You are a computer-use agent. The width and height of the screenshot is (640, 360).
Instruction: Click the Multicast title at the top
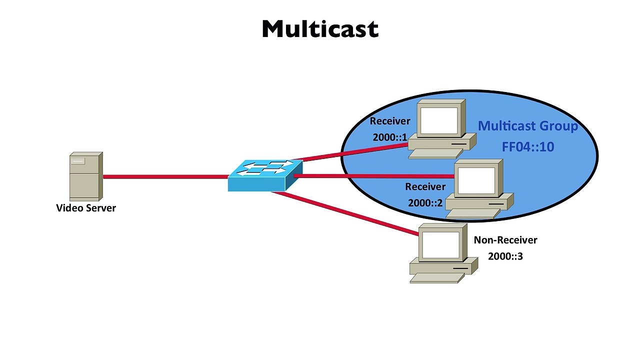pyautogui.click(x=320, y=29)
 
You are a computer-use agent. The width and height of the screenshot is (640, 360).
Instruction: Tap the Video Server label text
pyautogui.click(x=86, y=208)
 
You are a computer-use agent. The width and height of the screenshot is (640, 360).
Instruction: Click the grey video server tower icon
pyautogui.click(x=86, y=176)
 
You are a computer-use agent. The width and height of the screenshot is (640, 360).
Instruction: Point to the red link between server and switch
pyautogui.click(x=165, y=177)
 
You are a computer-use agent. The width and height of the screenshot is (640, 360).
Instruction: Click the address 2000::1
pyautogui.click(x=389, y=137)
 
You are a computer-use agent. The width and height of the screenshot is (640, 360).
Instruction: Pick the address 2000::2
pyautogui.click(x=425, y=203)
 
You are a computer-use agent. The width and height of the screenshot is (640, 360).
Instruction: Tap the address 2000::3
pyautogui.click(x=505, y=256)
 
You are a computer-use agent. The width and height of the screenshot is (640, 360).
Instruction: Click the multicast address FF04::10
pyautogui.click(x=528, y=147)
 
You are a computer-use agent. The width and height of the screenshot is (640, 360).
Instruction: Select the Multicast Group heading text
pyautogui.click(x=528, y=126)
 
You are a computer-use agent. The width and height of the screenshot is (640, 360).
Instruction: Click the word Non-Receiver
pyautogui.click(x=505, y=240)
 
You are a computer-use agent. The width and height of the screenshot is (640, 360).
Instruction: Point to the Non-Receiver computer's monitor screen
pyautogui.click(x=441, y=245)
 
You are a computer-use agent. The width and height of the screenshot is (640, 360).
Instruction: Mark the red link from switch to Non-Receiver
pyautogui.click(x=345, y=213)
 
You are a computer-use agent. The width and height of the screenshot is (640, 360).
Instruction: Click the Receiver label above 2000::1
pyautogui.click(x=389, y=121)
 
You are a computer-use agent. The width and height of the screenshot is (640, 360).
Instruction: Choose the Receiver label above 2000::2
pyautogui.click(x=425, y=187)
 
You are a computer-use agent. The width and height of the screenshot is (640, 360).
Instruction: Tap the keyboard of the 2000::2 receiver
pyautogui.click(x=473, y=213)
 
